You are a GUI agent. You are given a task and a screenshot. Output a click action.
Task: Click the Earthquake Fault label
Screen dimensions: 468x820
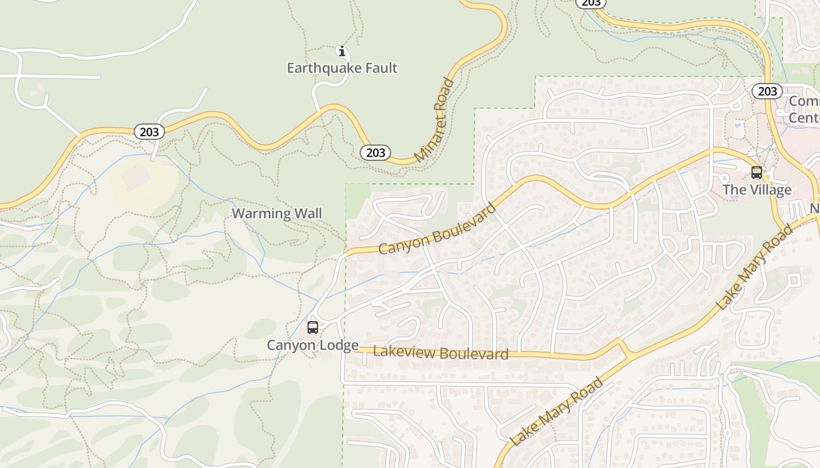pyautogui.click(x=342, y=68)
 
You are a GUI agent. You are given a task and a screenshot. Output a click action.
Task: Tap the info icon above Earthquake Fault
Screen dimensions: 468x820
pyautogui.click(x=342, y=51)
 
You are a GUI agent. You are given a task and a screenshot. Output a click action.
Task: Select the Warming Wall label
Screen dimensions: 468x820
pyautogui.click(x=277, y=214)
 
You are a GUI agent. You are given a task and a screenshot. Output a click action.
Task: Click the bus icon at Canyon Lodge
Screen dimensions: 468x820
pyautogui.click(x=313, y=328)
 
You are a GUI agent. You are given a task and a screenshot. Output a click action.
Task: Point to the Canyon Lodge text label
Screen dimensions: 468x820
pyautogui.click(x=313, y=345)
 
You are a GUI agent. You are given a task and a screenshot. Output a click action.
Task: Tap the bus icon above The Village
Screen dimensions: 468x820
pyautogui.click(x=757, y=173)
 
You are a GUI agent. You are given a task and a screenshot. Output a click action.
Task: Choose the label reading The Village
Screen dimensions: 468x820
pyautogui.click(x=757, y=190)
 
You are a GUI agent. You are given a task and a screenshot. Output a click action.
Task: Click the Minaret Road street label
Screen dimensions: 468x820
pyautogui.click(x=435, y=121)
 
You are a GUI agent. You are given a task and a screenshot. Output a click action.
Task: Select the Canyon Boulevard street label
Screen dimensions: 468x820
pyautogui.click(x=437, y=229)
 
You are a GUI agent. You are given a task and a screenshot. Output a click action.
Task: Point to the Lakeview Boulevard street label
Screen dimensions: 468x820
pyautogui.click(x=440, y=353)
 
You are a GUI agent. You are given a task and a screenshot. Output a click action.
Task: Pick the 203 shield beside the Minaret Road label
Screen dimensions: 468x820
pyautogui.click(x=375, y=153)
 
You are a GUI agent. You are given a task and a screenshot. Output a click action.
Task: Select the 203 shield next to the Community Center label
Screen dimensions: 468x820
pyautogui.click(x=767, y=91)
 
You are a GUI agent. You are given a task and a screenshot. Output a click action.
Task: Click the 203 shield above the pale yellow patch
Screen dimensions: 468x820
pyautogui.click(x=149, y=132)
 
